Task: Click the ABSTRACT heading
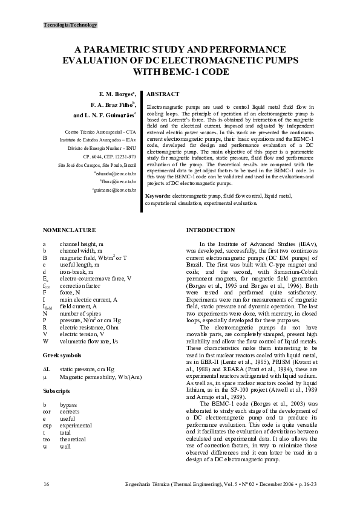coord(163,95)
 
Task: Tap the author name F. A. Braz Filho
coord(113,104)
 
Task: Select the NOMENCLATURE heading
coord(70,230)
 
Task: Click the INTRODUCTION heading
coord(211,230)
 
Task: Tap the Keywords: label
coord(159,196)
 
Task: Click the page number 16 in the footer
coord(47,485)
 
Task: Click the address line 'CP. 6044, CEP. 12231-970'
coord(109,156)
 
